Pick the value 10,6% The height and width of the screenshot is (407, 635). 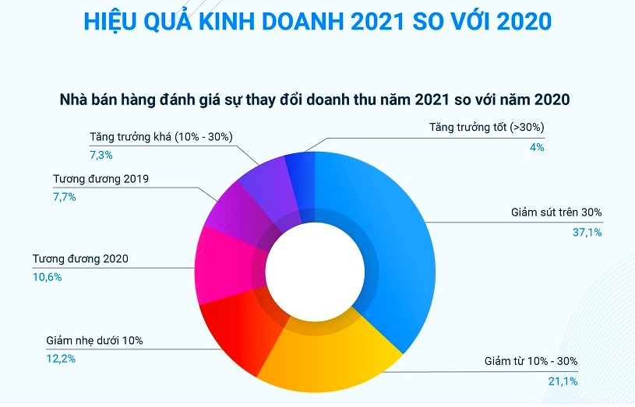click(x=47, y=277)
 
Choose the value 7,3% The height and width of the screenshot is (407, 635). click(x=101, y=155)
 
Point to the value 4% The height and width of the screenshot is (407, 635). click(x=536, y=147)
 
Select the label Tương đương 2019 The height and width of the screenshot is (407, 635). click(x=101, y=179)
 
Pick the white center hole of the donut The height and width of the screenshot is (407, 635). click(x=315, y=272)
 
